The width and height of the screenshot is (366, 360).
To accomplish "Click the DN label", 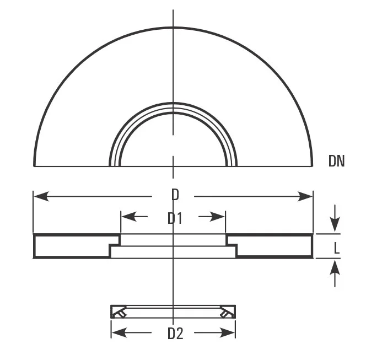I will coord(336,160).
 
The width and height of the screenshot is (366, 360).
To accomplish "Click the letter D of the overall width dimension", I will coord(174,195).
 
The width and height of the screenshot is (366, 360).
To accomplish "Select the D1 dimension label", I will coord(174,218).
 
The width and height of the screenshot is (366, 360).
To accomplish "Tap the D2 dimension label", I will coord(175,333).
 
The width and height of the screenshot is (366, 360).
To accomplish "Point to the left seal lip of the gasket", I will coord(119,313).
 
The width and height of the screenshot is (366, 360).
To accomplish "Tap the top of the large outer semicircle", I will coord(173,27).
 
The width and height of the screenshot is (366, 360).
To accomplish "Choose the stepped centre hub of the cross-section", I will coord(173,246).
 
